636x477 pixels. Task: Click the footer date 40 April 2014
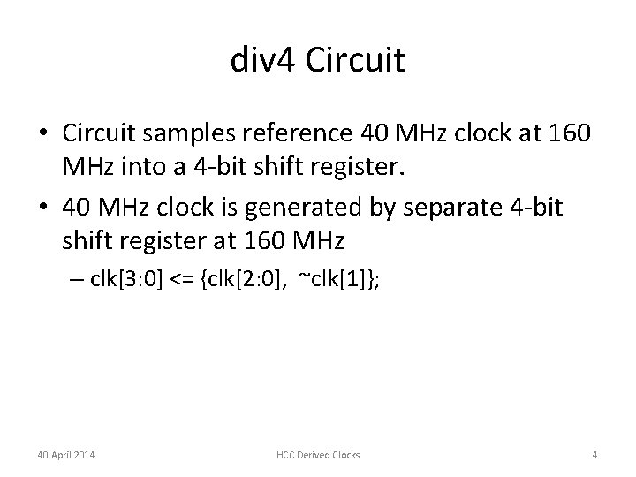pyautogui.click(x=67, y=454)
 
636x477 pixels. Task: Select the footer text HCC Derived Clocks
pyautogui.click(x=317, y=454)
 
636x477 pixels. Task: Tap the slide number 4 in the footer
pyautogui.click(x=594, y=454)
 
